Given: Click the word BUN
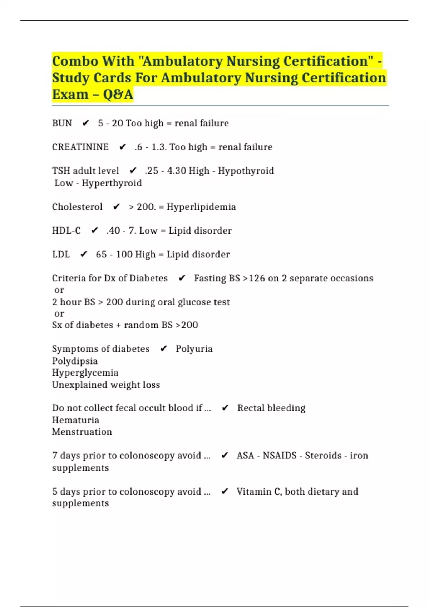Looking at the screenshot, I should (x=62, y=123).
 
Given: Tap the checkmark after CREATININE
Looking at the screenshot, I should (x=123, y=147).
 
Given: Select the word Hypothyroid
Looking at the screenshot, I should (x=246, y=171).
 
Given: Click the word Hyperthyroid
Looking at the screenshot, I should (x=112, y=183).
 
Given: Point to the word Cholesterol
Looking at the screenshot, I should (x=77, y=207).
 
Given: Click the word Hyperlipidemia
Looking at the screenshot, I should (x=201, y=207).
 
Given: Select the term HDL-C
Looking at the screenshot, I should (x=66, y=231).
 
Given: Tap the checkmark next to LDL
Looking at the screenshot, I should (x=84, y=254).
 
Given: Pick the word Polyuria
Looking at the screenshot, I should (x=194, y=349).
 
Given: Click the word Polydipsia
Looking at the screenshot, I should (x=75, y=361).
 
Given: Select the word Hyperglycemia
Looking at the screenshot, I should (x=85, y=373).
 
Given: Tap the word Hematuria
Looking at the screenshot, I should (x=75, y=420).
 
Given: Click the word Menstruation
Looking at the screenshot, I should (x=82, y=432).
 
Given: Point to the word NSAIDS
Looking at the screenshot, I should (x=280, y=456).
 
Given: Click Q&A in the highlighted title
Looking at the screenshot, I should (x=118, y=95).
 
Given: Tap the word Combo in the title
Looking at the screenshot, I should (x=75, y=61).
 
